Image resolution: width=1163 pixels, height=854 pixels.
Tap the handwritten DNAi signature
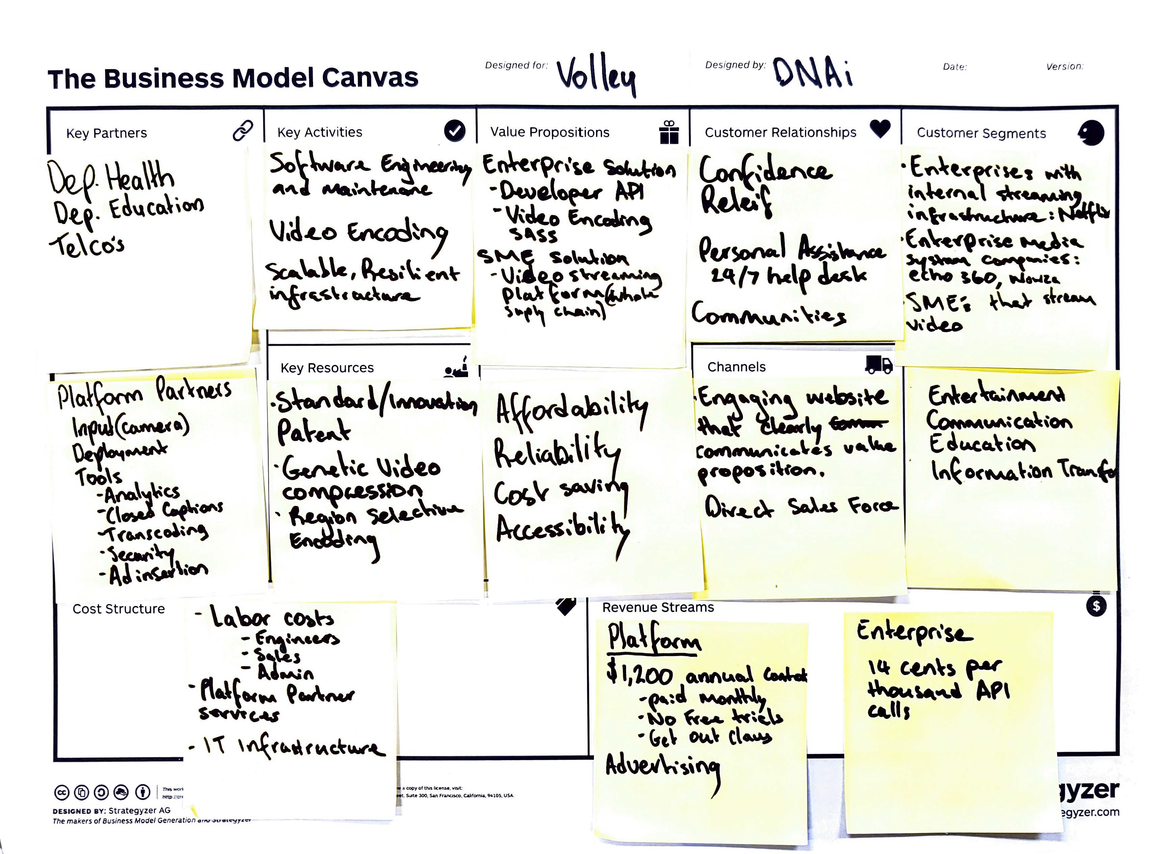point(812,73)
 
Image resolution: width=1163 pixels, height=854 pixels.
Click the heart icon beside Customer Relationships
point(880,128)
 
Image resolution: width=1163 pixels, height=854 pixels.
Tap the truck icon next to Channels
point(879,365)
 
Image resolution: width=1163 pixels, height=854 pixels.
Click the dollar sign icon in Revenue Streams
point(1096,606)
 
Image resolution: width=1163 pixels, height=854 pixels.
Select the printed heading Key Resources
point(327,368)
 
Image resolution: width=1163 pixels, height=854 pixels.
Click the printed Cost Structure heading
point(119,609)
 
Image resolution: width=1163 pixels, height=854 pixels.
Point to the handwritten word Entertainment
point(996,396)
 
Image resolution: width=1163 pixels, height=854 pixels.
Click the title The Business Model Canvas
point(233,79)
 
